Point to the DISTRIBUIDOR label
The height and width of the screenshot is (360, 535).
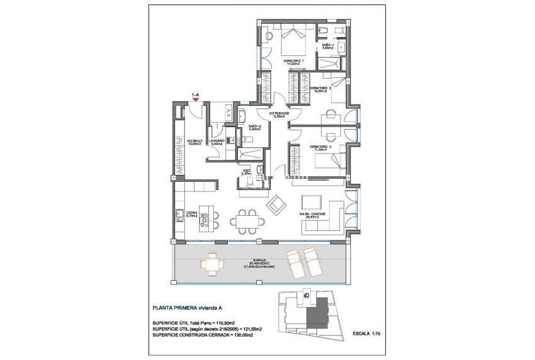[275, 115]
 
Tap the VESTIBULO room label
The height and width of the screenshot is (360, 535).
[194, 142]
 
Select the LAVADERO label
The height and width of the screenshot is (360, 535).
[217, 142]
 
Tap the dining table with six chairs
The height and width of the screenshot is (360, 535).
[247, 220]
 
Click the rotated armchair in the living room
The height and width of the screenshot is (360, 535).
[276, 205]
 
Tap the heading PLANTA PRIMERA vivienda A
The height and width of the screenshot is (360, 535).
[187, 308]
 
